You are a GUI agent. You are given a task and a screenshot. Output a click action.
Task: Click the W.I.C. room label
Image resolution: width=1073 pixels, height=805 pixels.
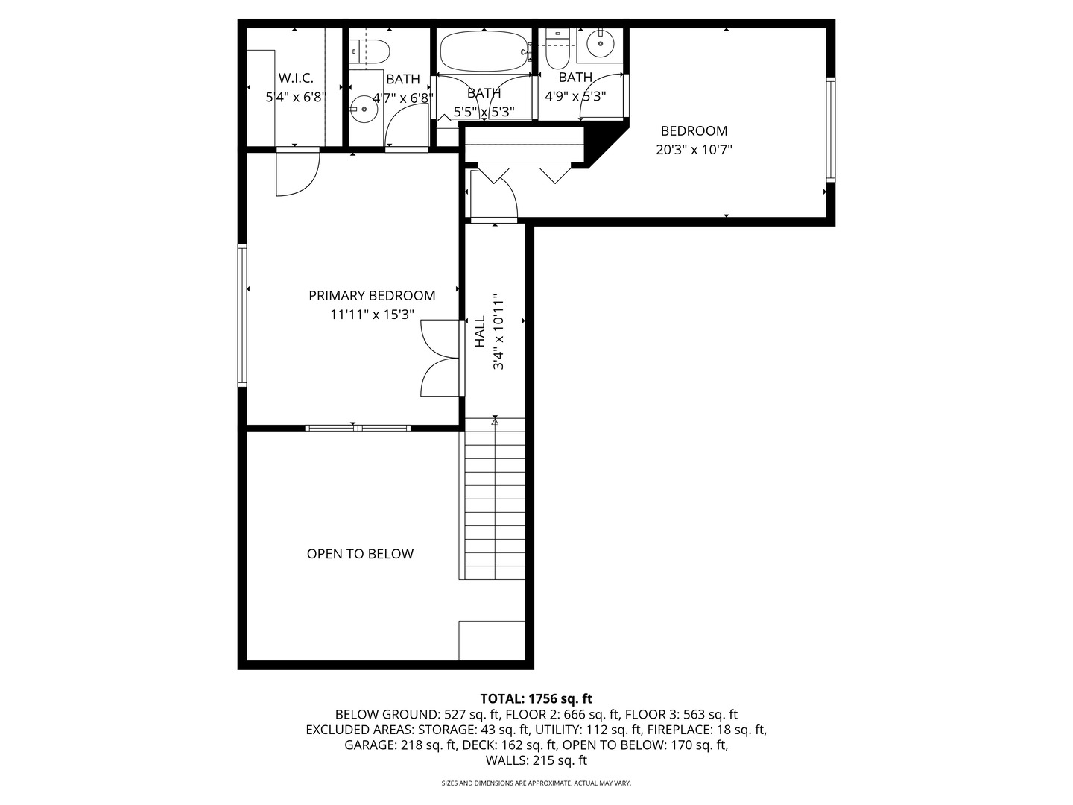(x=296, y=78)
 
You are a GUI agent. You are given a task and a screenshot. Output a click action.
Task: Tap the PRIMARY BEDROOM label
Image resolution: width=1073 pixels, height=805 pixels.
(x=372, y=296)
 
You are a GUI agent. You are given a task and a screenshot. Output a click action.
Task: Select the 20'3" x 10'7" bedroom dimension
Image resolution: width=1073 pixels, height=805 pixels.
(x=694, y=150)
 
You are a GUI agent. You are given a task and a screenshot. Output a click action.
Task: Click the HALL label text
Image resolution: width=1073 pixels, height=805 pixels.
(x=480, y=332)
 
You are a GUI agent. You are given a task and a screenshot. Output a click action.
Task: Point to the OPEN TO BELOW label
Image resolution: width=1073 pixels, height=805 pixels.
(x=360, y=554)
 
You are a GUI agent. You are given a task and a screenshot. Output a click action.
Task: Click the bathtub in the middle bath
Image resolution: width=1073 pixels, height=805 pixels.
(x=484, y=51)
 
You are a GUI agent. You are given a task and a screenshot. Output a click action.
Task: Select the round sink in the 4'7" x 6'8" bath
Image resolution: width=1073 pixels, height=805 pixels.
(x=364, y=110)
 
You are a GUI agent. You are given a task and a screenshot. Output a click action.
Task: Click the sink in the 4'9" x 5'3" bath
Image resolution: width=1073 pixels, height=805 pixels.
(x=600, y=43)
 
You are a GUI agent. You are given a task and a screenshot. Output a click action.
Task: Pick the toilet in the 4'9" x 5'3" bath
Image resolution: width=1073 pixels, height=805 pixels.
(x=558, y=49)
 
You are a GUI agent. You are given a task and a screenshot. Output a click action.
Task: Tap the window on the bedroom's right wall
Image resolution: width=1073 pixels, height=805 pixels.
(x=831, y=130)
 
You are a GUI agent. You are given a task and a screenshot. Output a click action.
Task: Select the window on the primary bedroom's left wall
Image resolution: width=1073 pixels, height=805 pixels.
(x=242, y=315)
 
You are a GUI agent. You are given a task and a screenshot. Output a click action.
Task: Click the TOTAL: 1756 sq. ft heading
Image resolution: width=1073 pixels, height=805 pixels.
(x=536, y=698)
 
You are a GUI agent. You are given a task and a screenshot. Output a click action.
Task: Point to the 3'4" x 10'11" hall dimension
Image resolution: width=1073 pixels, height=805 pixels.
(x=498, y=332)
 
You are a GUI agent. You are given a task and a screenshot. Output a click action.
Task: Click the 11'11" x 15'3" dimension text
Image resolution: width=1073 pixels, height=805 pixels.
(x=372, y=315)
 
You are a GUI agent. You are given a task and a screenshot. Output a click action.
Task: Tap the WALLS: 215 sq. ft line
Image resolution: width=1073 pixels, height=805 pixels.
(x=536, y=760)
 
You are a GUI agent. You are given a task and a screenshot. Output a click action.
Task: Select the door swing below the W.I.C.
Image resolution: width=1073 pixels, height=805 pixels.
(x=297, y=171)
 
